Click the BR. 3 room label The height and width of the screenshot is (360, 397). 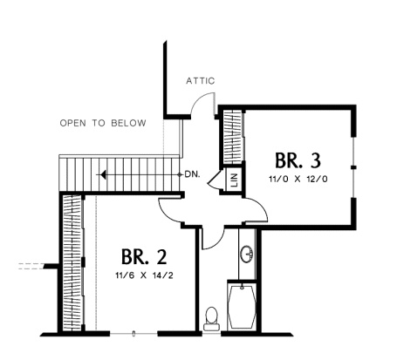pos(298,160)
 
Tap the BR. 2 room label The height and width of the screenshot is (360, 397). pos(144,257)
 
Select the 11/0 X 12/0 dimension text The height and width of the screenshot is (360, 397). pos(298,179)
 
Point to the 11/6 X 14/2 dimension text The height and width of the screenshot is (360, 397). pos(144,275)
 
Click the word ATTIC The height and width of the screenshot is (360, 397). pos(201,81)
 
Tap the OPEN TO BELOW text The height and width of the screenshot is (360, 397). pos(103,123)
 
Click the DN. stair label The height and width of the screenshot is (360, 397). pos(193,175)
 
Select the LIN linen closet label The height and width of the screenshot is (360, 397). pos(235,180)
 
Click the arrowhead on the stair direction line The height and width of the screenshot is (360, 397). pos(102,175)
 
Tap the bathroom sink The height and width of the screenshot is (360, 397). pos(247,255)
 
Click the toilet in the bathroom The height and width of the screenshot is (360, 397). pos(211,319)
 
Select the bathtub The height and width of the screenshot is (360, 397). pos(242,307)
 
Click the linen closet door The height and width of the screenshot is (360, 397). pos(215,179)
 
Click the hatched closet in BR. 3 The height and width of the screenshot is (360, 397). pos(233,137)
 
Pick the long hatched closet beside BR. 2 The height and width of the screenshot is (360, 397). pos(72,263)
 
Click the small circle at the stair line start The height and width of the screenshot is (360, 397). pos(180,174)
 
